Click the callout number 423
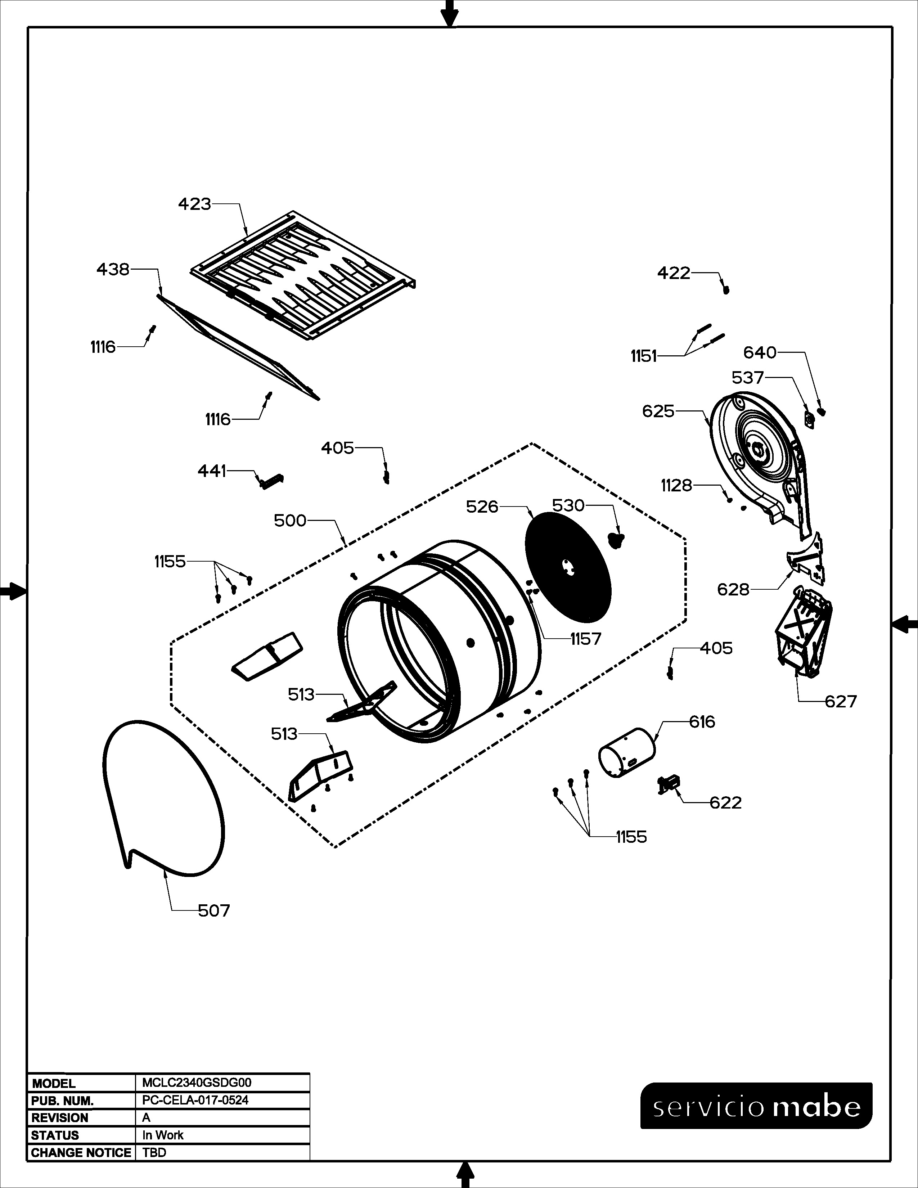coord(194,204)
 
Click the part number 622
coord(725,802)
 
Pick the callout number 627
coord(840,701)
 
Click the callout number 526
coord(482,507)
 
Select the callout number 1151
coord(644,356)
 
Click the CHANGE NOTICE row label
coord(81,1153)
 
